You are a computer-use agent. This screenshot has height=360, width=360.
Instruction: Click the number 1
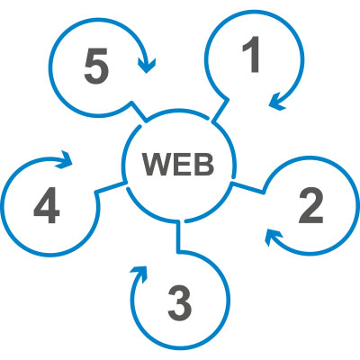(x=252, y=54)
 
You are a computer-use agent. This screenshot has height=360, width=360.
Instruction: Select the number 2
(x=311, y=206)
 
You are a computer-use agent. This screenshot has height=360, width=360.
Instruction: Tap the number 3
(x=180, y=303)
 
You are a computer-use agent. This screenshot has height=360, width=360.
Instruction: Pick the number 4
(x=47, y=205)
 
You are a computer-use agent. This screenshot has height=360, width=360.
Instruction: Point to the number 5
(x=96, y=66)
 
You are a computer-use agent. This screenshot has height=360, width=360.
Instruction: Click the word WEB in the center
(x=178, y=165)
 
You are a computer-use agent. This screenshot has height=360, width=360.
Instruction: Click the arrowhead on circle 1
(x=277, y=102)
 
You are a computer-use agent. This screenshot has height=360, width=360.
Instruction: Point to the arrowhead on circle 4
(x=64, y=159)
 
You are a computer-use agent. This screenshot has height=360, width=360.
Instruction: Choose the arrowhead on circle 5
(x=147, y=65)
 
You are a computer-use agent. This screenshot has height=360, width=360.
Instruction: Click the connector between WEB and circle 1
(x=220, y=111)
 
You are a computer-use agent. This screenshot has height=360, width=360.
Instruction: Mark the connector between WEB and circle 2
(x=248, y=187)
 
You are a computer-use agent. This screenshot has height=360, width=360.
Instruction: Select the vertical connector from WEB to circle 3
(x=178, y=236)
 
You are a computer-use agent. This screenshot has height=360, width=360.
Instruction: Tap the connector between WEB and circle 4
(x=111, y=187)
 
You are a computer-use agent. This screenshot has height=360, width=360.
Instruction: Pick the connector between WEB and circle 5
(x=139, y=112)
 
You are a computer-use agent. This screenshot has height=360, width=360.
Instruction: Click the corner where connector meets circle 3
(x=178, y=251)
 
